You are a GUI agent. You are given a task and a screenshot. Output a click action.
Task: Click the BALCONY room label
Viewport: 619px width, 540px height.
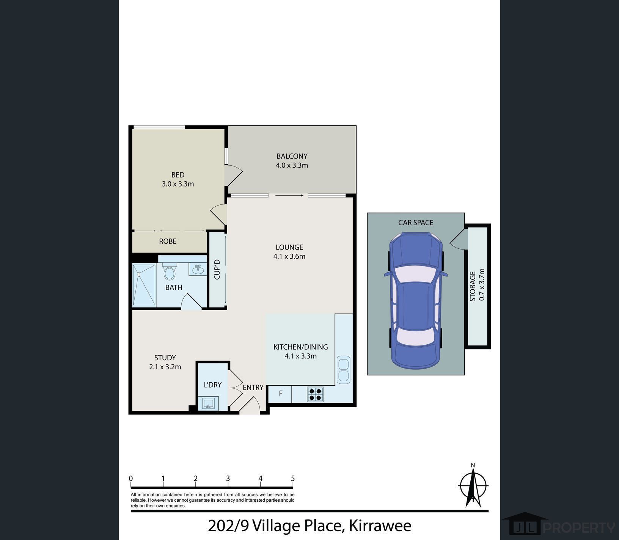pos(292,156)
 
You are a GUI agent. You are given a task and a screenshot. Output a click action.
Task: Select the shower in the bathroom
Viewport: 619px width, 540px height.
pos(144,284)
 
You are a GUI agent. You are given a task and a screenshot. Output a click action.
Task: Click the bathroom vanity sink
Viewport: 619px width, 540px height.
pos(198,269)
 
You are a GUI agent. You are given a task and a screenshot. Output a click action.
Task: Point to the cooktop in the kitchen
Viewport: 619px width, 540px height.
pos(315,394)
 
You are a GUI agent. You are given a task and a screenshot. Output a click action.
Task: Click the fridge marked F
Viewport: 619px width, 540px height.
pos(280,394)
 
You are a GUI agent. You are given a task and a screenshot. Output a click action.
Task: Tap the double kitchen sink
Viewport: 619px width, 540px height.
pos(343,370)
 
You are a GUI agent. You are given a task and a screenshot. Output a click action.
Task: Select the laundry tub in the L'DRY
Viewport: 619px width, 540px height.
pos(208,403)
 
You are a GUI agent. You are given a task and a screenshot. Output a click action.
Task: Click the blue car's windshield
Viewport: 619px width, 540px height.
pos(415,274)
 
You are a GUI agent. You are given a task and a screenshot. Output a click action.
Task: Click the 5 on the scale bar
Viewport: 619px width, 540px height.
pos(293,479)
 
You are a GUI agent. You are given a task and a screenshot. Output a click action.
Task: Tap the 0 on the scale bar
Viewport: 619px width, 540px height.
pos(131,479)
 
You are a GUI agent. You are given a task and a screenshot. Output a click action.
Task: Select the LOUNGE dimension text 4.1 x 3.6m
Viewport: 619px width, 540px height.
pos(289,256)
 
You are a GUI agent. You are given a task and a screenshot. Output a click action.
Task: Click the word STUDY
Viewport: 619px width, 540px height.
pos(165,358)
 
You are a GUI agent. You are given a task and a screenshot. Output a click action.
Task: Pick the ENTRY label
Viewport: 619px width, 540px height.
pos(253,388)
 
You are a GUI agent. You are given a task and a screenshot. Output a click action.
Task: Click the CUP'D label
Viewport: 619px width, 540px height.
pos(217,270)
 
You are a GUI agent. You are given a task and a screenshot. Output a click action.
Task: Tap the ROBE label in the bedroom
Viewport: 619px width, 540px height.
pos(168,241)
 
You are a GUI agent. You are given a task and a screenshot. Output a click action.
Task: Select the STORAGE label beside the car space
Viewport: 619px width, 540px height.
pos(473,286)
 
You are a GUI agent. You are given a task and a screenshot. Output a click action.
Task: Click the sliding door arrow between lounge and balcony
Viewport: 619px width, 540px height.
pos(289,196)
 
